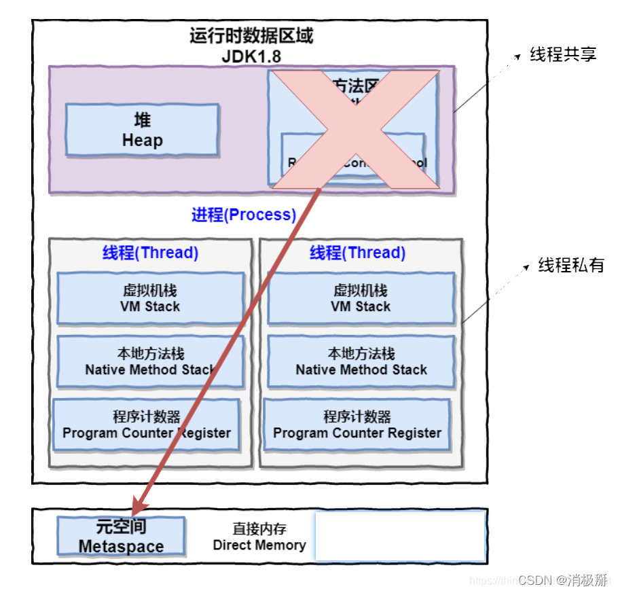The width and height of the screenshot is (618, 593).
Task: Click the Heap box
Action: click(x=142, y=130)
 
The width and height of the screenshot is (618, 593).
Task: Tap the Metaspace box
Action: click(x=121, y=537)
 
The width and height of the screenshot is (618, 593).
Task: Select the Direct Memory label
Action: click(x=259, y=537)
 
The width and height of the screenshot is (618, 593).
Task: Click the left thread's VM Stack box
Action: click(x=150, y=298)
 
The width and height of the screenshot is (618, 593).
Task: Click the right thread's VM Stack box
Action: click(x=361, y=298)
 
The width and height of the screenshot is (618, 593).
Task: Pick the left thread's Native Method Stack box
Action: click(x=150, y=362)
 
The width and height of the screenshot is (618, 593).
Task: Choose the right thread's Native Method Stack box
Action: click(x=361, y=362)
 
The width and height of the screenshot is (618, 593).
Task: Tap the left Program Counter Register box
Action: click(x=147, y=425)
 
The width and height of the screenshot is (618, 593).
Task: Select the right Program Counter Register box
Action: click(x=357, y=425)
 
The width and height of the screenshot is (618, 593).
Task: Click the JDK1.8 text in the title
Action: click(x=251, y=56)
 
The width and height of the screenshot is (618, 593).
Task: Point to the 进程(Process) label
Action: click(x=244, y=215)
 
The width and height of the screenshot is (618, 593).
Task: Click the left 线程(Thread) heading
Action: click(x=150, y=253)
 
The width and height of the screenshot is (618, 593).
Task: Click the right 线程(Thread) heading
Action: click(x=357, y=253)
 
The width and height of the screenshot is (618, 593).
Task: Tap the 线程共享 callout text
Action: click(x=563, y=55)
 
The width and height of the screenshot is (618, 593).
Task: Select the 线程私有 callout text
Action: click(x=571, y=266)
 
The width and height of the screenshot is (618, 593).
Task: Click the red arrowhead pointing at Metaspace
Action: click(x=139, y=505)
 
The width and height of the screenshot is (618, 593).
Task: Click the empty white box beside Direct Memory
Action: click(x=400, y=537)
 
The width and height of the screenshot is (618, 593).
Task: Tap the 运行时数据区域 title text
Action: click(x=251, y=36)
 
